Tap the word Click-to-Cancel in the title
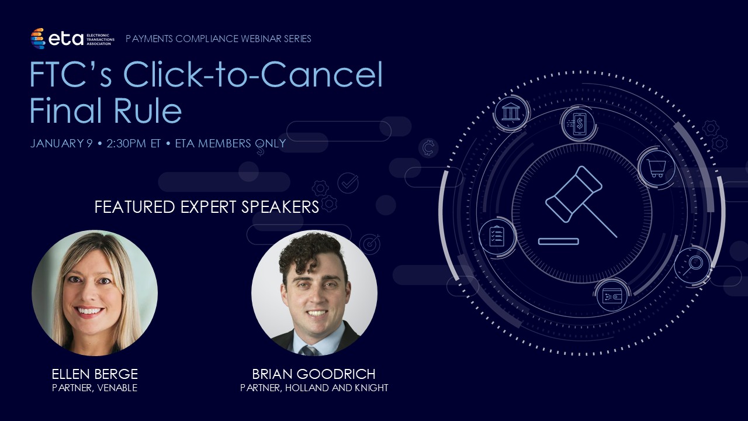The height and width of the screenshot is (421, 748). click(252, 75)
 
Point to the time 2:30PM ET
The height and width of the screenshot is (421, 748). click(133, 143)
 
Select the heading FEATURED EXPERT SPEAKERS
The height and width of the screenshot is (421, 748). click(207, 207)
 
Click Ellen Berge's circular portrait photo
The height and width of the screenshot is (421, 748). click(95, 293)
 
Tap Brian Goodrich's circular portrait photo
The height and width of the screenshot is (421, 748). click(314, 293)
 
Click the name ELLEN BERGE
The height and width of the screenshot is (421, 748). click(95, 374)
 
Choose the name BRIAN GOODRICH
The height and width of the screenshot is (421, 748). click(314, 374)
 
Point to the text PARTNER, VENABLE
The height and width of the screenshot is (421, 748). click(95, 388)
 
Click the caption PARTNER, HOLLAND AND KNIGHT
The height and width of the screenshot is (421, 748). click(314, 388)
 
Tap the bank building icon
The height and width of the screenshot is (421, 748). click(511, 112)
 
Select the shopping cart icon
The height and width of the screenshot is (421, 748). click(656, 167)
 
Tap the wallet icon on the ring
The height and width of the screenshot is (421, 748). click(612, 295)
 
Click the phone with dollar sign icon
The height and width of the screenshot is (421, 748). click(579, 123)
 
